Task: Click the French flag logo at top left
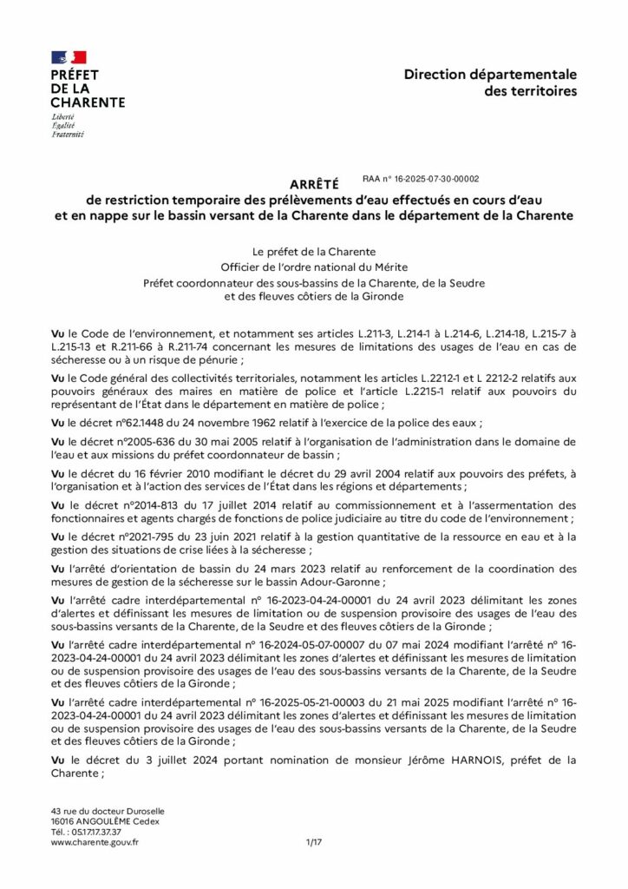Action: (69, 57)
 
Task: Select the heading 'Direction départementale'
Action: (489, 76)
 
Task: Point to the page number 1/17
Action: (314, 842)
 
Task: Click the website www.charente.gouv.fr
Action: (95, 842)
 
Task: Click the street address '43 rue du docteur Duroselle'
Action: (108, 811)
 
